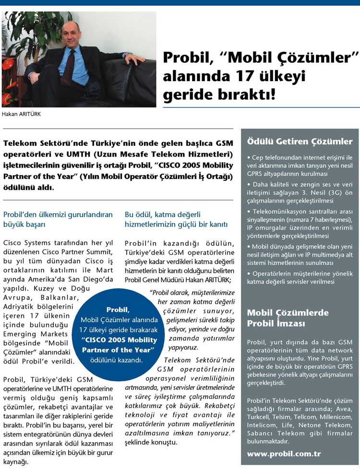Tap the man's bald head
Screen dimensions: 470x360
click(x=71, y=29)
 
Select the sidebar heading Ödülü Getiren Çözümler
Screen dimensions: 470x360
click(x=300, y=141)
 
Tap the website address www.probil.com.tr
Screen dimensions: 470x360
click(x=284, y=453)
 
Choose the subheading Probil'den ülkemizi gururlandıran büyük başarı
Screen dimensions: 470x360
click(x=58, y=218)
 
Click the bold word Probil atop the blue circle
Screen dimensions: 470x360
click(x=118, y=310)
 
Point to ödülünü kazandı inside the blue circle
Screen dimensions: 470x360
click(x=118, y=360)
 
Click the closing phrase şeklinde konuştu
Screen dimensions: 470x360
click(x=151, y=442)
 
